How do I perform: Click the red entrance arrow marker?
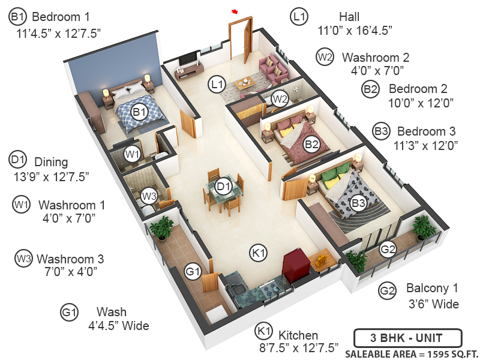[x=235, y=11]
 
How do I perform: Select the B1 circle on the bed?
[x=140, y=112]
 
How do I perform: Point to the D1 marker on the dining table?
[x=224, y=187]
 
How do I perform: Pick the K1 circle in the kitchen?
[x=259, y=253]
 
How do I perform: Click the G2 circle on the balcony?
[x=388, y=249]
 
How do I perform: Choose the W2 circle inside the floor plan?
[x=280, y=98]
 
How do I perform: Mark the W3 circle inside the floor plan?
[x=149, y=196]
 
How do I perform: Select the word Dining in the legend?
[x=51, y=161]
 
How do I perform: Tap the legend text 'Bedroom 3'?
[x=427, y=131]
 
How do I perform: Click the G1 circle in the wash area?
[x=193, y=272]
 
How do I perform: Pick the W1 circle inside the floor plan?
[x=133, y=154]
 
